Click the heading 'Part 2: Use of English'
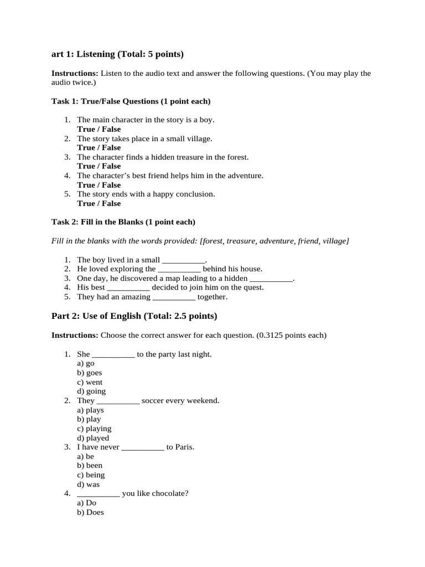[x=134, y=316]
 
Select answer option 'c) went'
[x=90, y=382]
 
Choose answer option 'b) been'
[x=90, y=466]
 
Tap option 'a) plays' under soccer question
[x=90, y=410]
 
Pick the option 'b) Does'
[x=90, y=512]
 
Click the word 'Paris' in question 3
[x=184, y=447]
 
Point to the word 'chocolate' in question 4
[x=172, y=493]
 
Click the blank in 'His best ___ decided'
[x=128, y=287]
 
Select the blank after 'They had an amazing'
[x=174, y=297]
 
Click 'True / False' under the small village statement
[x=99, y=148]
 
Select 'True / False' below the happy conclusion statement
[x=99, y=203]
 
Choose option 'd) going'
[x=91, y=391]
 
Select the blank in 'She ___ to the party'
[x=113, y=354]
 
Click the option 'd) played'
[x=93, y=438]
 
